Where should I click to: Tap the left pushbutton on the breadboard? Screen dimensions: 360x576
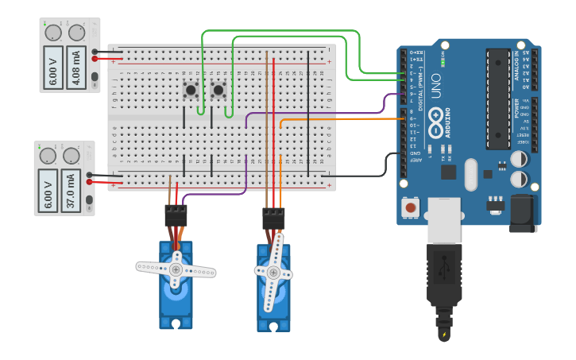click(191, 90)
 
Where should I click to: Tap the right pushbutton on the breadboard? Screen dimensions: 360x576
click(218, 90)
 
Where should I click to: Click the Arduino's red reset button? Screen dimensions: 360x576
click(410, 208)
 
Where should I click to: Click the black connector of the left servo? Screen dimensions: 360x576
click(176, 215)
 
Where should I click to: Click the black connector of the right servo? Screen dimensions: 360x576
click(273, 218)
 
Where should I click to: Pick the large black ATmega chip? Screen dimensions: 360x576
click(497, 99)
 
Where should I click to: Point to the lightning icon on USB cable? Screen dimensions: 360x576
click(443, 335)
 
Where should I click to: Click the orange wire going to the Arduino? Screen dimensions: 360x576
click(342, 119)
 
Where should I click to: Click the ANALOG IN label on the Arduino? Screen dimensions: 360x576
click(521, 64)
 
